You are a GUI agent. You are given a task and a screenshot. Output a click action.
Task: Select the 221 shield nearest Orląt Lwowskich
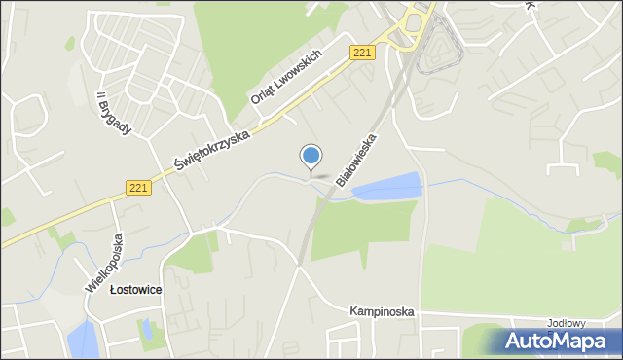(x=361, y=53)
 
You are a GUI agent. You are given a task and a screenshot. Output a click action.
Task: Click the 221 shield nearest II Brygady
(x=137, y=188)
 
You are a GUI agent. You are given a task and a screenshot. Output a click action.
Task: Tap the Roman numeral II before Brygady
(x=100, y=99)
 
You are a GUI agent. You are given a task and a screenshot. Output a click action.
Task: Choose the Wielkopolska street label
(x=105, y=262)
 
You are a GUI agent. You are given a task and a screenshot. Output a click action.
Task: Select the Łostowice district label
(x=135, y=290)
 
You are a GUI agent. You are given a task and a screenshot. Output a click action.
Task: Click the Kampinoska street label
(x=383, y=311)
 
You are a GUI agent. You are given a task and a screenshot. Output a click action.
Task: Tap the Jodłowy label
(x=563, y=322)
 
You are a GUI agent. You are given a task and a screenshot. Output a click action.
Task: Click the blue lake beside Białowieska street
(x=388, y=186)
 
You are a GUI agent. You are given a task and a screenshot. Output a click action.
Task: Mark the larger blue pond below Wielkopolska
(x=82, y=340)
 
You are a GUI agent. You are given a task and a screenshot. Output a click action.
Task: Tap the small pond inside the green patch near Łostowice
(x=146, y=329)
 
